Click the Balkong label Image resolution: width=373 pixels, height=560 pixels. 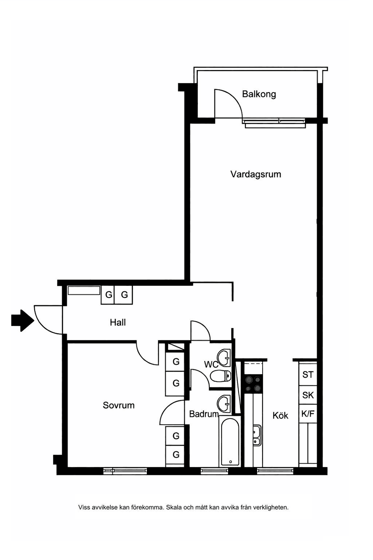(x=259, y=94)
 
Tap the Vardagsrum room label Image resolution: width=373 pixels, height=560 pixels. (x=256, y=174)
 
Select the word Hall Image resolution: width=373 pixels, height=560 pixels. (x=118, y=322)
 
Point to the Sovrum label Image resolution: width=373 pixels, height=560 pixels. (x=119, y=405)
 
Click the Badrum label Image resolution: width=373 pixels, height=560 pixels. (x=204, y=414)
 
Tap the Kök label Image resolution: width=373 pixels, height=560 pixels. (x=280, y=415)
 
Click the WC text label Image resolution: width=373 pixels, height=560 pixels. (x=211, y=364)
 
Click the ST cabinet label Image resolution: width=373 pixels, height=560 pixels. (x=308, y=374)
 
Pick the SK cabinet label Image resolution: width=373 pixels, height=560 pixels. (x=308, y=395)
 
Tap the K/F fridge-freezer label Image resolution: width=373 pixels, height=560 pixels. (x=308, y=414)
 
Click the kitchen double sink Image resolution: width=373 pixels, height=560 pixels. (x=257, y=436)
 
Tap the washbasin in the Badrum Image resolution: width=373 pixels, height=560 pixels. (x=224, y=403)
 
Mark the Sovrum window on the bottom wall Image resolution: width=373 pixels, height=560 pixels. (x=125, y=471)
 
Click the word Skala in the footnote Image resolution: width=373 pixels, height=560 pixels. (x=174, y=507)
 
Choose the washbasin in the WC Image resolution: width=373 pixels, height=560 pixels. (x=224, y=357)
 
